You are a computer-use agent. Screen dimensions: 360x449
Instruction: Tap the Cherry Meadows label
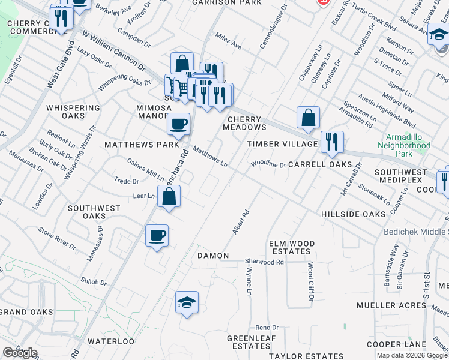(x=244, y=123)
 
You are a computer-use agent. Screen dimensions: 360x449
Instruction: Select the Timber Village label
(x=283, y=144)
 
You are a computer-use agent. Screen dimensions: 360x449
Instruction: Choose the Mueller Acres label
(x=391, y=305)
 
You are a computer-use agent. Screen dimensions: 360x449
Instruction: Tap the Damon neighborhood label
(x=213, y=256)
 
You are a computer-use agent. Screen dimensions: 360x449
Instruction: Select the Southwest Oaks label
(x=94, y=212)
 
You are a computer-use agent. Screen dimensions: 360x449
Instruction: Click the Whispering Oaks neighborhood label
(x=73, y=112)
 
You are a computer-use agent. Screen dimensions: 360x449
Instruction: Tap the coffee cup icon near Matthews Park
(x=178, y=124)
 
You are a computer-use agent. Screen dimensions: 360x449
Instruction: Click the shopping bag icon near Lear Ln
(x=169, y=196)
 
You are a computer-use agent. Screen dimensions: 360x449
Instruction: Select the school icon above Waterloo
(x=187, y=302)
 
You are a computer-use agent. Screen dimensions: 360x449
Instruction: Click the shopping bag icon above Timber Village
(x=308, y=118)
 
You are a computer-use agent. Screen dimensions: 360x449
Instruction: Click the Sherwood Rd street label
(x=264, y=262)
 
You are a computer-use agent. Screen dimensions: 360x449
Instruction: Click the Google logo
(x=20, y=353)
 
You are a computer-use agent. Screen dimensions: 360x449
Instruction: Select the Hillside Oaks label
(x=353, y=214)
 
